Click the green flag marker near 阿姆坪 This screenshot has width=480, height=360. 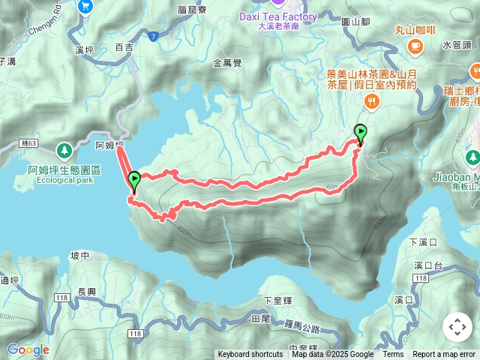pyautogui.click(x=134, y=180)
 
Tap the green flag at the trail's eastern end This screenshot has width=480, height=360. pyautogui.click(x=360, y=132)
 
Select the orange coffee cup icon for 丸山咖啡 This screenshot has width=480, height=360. pyautogui.click(x=414, y=46)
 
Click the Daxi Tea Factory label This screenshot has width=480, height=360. pyautogui.click(x=277, y=16)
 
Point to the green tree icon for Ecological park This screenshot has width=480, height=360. pyautogui.click(x=65, y=150)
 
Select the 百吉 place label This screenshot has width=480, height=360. pyautogui.click(x=124, y=47)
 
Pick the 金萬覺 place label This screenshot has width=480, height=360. pyautogui.click(x=227, y=64)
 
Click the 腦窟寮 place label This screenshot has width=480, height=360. pyautogui.click(x=193, y=10)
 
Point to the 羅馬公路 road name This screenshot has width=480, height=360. pyautogui.click(x=303, y=328)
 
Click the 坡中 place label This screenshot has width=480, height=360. pyautogui.click(x=79, y=256)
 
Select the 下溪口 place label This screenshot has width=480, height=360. pyautogui.click(x=422, y=242)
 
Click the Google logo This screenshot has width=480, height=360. pyautogui.click(x=27, y=349)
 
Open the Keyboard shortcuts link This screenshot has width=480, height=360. pyautogui.click(x=250, y=355)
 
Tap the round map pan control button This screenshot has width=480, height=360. pyautogui.click(x=457, y=327)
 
